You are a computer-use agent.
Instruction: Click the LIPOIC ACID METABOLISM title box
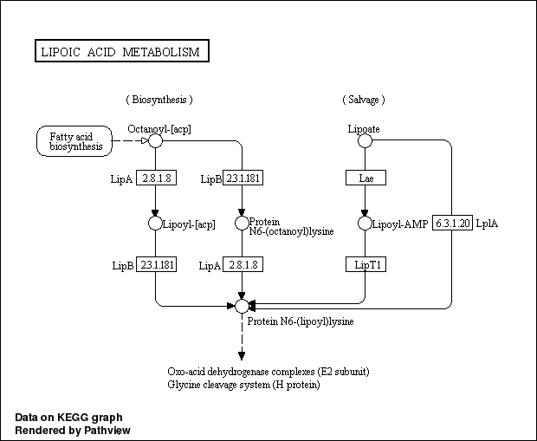point(120,52)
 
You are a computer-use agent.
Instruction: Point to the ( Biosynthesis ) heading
point(159,101)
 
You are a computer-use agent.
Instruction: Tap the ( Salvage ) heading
point(364,101)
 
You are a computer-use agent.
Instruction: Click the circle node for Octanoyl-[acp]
point(155,140)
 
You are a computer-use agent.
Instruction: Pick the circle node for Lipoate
point(365,140)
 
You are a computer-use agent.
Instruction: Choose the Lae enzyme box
point(365,178)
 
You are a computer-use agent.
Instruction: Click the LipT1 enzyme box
point(365,264)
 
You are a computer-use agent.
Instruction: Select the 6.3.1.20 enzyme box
point(452,223)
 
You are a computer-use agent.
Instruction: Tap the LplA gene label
point(487,224)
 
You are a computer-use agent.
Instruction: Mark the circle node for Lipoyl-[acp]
point(155,224)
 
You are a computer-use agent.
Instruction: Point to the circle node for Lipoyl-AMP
point(365,224)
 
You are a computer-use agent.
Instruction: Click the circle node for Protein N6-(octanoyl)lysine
point(242,224)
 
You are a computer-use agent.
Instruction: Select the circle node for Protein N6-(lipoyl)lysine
point(242,306)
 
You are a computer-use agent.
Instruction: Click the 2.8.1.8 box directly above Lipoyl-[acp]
point(156,178)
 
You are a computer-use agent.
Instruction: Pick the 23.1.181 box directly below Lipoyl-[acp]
point(156,264)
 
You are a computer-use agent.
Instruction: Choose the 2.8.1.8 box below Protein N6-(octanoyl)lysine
point(243,264)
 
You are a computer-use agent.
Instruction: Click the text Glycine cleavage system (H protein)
point(244,385)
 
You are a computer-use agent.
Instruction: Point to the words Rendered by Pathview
point(73,430)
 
